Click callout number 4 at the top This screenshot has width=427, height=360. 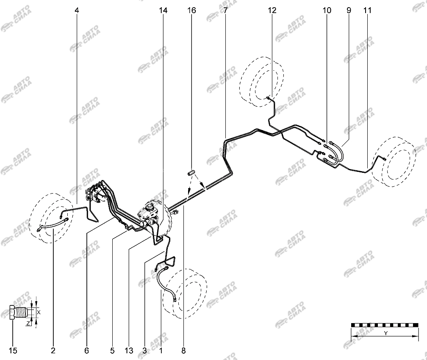(77, 10)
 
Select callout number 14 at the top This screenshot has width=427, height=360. (163, 10)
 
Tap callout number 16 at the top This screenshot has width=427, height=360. (191, 10)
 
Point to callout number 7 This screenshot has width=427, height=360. (225, 10)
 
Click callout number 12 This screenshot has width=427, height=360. (272, 10)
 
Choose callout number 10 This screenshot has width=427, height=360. (327, 10)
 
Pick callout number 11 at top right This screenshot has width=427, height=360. (367, 10)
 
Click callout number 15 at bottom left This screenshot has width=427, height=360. (13, 350)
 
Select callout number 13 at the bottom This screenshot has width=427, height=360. (129, 350)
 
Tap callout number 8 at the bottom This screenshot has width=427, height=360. (183, 350)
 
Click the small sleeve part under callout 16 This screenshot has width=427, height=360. (191, 173)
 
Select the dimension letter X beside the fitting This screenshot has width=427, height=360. (39, 312)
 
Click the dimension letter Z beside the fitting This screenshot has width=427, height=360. (28, 323)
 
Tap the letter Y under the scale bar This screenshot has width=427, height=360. (385, 333)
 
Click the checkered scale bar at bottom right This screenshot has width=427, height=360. (385, 325)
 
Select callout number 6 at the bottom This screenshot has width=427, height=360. (86, 350)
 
